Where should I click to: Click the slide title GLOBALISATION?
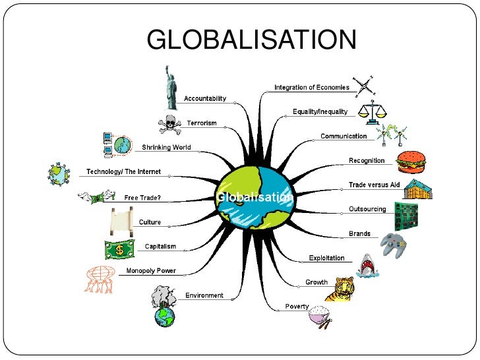(x=251, y=41)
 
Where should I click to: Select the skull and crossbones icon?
(x=170, y=123)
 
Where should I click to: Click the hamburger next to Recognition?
(x=411, y=161)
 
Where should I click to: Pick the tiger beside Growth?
(x=343, y=289)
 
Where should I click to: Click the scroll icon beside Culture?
(x=117, y=222)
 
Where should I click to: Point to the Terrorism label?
(x=201, y=123)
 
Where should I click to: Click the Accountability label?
(x=205, y=99)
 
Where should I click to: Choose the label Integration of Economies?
(x=312, y=88)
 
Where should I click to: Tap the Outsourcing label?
(x=367, y=210)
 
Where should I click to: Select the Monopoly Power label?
(x=151, y=271)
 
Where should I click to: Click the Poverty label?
(x=297, y=307)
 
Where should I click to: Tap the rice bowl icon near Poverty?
(x=320, y=315)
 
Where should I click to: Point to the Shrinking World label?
(x=166, y=148)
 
